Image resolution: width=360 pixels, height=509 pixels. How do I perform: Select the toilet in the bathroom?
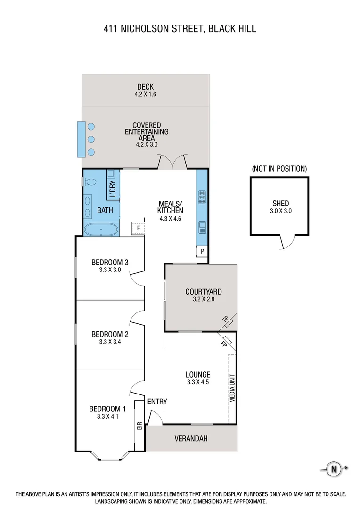tap(91, 181)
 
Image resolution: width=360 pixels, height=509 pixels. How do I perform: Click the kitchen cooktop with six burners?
tap(202, 196)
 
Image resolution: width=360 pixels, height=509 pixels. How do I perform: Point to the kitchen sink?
tap(202, 227)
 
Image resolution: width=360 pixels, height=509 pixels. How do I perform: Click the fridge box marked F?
tap(138, 228)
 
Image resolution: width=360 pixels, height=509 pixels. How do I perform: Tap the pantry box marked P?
tap(202, 251)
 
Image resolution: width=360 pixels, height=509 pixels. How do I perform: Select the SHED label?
tap(280, 204)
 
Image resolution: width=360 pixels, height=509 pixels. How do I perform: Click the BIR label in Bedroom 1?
tap(139, 426)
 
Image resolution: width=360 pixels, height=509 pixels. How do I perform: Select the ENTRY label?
tap(157, 402)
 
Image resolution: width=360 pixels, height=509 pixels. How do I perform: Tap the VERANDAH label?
tap(191, 439)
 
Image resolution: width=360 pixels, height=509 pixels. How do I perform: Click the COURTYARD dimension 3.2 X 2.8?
tap(203, 299)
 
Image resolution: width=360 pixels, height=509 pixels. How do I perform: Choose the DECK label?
tap(145, 87)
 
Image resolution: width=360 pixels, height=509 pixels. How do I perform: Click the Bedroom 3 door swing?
tap(137, 278)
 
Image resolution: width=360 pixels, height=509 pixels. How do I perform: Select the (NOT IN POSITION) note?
tap(279, 168)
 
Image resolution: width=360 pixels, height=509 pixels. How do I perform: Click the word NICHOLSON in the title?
tap(146, 29)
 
